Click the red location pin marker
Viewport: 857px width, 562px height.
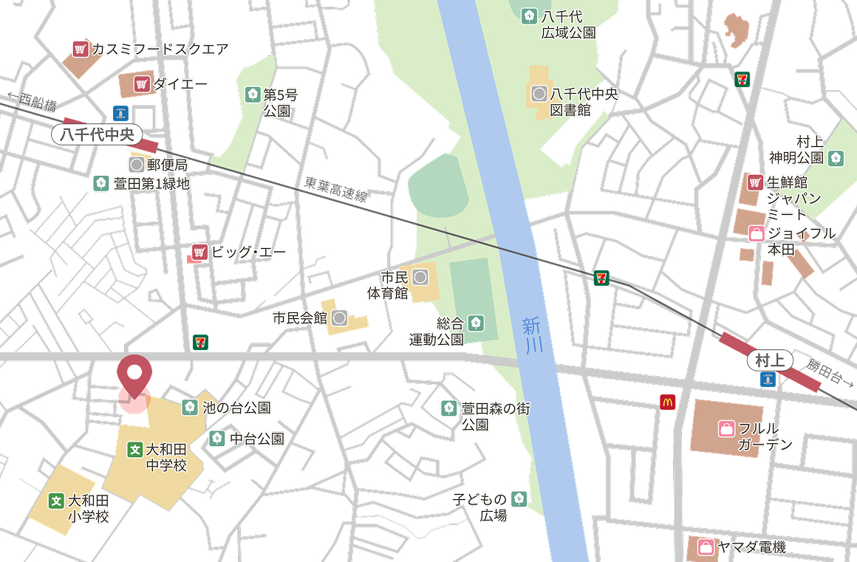[x=134, y=374]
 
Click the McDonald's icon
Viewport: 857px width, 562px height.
[x=667, y=402]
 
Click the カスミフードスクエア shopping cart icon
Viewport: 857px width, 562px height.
[x=81, y=49]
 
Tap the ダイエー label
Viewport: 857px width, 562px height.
[x=180, y=84]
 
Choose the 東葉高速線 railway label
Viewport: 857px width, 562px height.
[x=335, y=190]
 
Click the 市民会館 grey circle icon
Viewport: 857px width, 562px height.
[x=339, y=319]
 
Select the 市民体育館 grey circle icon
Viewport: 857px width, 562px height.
[x=420, y=278]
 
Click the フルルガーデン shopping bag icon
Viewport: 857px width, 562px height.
[x=726, y=428]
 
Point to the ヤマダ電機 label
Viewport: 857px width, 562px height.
[x=751, y=547]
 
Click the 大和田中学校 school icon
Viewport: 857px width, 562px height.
[x=135, y=448]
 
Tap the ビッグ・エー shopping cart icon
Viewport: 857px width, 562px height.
[x=198, y=252]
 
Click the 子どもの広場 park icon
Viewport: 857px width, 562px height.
[x=519, y=498]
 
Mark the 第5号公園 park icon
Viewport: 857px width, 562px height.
[x=252, y=95]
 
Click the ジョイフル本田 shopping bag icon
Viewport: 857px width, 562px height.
[x=757, y=234]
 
